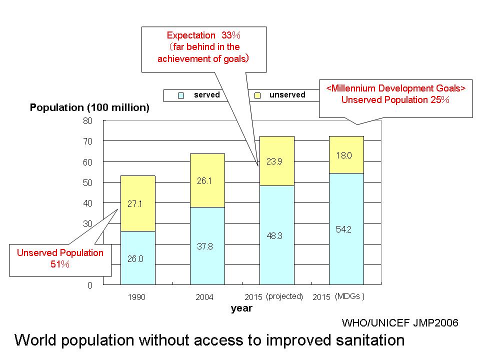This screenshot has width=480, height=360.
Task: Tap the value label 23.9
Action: (x=276, y=162)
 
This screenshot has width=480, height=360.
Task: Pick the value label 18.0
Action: (x=345, y=155)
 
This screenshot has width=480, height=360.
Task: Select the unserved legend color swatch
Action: (x=257, y=95)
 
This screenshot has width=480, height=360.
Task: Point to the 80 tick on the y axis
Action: (x=88, y=121)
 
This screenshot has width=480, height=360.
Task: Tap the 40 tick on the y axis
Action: (x=88, y=203)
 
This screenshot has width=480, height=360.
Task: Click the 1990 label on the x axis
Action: (x=136, y=297)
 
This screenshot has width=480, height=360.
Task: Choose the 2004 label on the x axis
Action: (x=204, y=297)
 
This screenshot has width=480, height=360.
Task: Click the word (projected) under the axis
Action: (x=284, y=296)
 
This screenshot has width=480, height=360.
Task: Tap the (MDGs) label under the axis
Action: (x=349, y=296)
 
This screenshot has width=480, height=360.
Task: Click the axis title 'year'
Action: (x=241, y=308)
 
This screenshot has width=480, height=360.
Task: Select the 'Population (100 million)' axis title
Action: (x=89, y=108)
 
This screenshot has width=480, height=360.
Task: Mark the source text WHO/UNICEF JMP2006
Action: (x=400, y=322)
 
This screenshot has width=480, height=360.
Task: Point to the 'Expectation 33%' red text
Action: (x=203, y=35)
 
